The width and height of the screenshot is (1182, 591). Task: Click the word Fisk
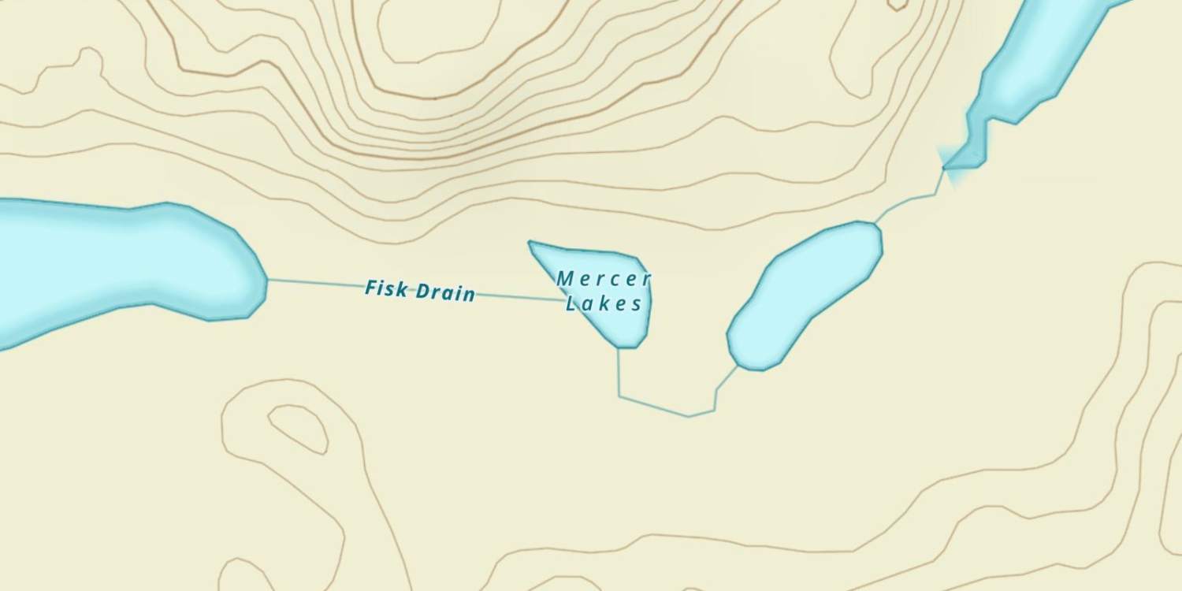pyautogui.click(x=386, y=288)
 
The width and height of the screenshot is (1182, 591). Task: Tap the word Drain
pyautogui.click(x=446, y=292)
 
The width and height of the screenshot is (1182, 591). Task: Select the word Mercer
pyautogui.click(x=604, y=279)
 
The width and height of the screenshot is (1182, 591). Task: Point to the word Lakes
pyautogui.click(x=604, y=304)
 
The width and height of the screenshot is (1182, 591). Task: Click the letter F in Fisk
pyautogui.click(x=370, y=288)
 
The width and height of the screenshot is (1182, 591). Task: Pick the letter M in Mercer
pyautogui.click(x=564, y=278)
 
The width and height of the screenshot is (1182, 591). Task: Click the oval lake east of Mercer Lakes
pyautogui.click(x=804, y=295)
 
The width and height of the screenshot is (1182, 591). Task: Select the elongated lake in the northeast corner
pyautogui.click(x=1032, y=63)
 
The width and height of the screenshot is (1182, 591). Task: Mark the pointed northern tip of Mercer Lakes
pyautogui.click(x=531, y=243)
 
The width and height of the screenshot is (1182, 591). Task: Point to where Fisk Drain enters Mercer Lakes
pyautogui.click(x=564, y=300)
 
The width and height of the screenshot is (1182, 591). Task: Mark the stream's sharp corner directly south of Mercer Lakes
pyautogui.click(x=619, y=396)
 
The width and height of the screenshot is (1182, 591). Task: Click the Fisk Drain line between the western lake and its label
pyautogui.click(x=315, y=283)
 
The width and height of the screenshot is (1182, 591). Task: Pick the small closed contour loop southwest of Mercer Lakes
pyautogui.click(x=299, y=428)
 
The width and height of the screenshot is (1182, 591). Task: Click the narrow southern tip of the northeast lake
pyautogui.click(x=948, y=167)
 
